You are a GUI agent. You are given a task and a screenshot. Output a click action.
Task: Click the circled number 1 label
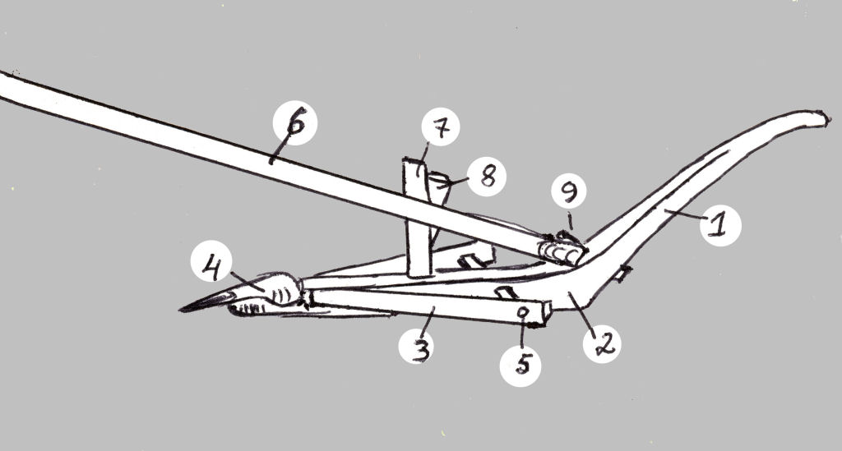[x=720, y=225]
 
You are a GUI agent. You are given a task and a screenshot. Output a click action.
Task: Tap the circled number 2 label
[x=602, y=343]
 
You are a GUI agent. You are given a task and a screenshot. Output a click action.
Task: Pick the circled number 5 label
[x=520, y=366]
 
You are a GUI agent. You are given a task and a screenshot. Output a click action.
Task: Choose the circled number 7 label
[x=441, y=127]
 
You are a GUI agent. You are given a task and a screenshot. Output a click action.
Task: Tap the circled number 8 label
[x=486, y=177]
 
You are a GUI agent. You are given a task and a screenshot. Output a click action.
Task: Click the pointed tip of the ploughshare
[x=180, y=310]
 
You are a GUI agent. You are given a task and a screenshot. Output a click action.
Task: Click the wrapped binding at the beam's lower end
[x=561, y=251]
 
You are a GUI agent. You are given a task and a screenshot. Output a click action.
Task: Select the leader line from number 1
[x=682, y=214]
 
